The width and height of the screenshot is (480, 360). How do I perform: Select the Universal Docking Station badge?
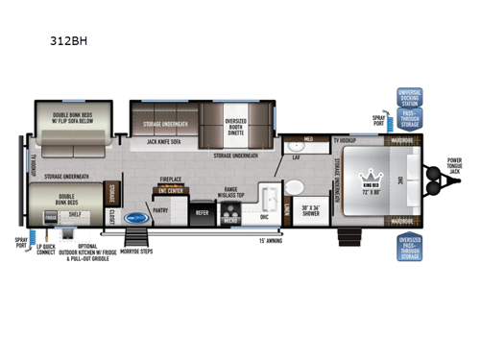(x=409, y=101)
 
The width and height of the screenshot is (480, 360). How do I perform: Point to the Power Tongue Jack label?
(x=454, y=164)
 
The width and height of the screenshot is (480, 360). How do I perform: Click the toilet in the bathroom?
(x=295, y=186)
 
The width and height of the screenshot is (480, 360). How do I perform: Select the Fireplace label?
(x=171, y=179)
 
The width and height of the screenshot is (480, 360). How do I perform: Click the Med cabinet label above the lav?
(x=309, y=140)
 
